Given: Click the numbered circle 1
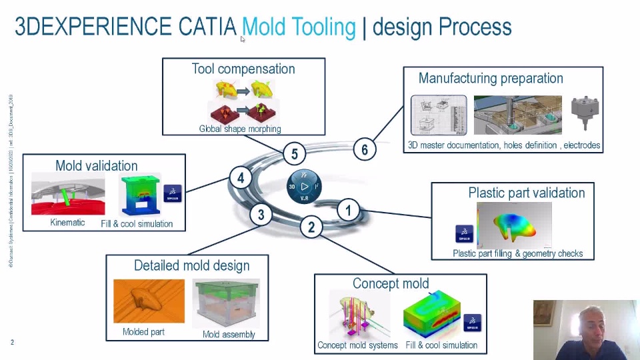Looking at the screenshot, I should (348, 211).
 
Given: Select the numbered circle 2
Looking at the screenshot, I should (311, 227).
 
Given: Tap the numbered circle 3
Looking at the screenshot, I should (261, 215).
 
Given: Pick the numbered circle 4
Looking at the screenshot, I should (241, 178).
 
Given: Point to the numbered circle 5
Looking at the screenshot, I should (295, 154).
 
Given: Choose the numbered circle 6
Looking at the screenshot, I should (364, 149).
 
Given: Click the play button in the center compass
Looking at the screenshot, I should (304, 186).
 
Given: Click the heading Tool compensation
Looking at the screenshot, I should (243, 69).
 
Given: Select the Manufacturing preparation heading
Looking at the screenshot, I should (491, 78).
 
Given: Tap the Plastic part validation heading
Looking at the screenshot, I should (526, 193).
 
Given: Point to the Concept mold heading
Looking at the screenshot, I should (391, 283).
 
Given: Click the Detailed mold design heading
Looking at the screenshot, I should (191, 265).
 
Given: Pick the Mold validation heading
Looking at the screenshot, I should (97, 165).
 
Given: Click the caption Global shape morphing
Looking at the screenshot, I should (240, 129).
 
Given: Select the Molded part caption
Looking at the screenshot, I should (143, 331).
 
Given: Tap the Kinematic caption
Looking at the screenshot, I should (67, 223).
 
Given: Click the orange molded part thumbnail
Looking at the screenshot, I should (148, 301).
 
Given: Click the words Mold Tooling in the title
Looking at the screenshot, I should (299, 27).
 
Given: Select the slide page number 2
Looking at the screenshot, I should (12, 342).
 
